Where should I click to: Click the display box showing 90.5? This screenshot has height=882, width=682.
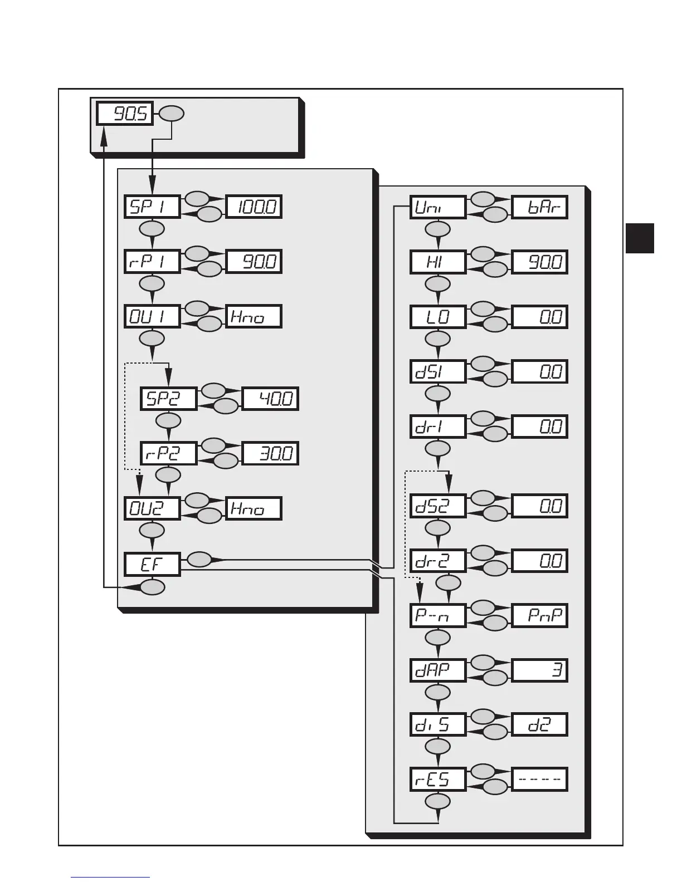tap(125, 114)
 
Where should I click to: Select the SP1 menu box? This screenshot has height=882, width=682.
tap(152, 207)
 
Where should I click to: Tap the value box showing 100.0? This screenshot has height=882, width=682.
tap(254, 207)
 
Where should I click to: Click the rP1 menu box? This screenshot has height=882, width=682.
tap(152, 262)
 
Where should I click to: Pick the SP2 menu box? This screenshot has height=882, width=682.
tap(168, 399)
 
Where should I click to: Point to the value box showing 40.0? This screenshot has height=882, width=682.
tap(270, 399)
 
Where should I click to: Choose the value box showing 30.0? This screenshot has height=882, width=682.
tap(270, 453)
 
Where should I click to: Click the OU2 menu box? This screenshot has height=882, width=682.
tap(152, 508)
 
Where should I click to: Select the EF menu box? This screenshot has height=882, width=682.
tap(152, 564)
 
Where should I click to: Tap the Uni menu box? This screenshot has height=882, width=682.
tap(437, 207)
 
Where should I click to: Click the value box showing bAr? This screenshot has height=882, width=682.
tap(539, 207)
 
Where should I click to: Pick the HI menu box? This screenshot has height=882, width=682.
tap(437, 262)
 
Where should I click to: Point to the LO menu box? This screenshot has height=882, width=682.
tap(437, 317)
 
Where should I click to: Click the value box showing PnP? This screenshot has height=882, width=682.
tap(539, 616)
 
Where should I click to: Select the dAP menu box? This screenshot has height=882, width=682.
tap(437, 670)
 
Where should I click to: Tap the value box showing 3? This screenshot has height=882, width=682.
tap(539, 670)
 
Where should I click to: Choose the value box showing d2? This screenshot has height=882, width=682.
tap(539, 724)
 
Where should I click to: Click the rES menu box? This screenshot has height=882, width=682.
tap(437, 779)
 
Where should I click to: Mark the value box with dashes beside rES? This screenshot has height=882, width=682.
tap(539, 779)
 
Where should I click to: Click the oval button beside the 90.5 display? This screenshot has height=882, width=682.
tap(172, 114)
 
